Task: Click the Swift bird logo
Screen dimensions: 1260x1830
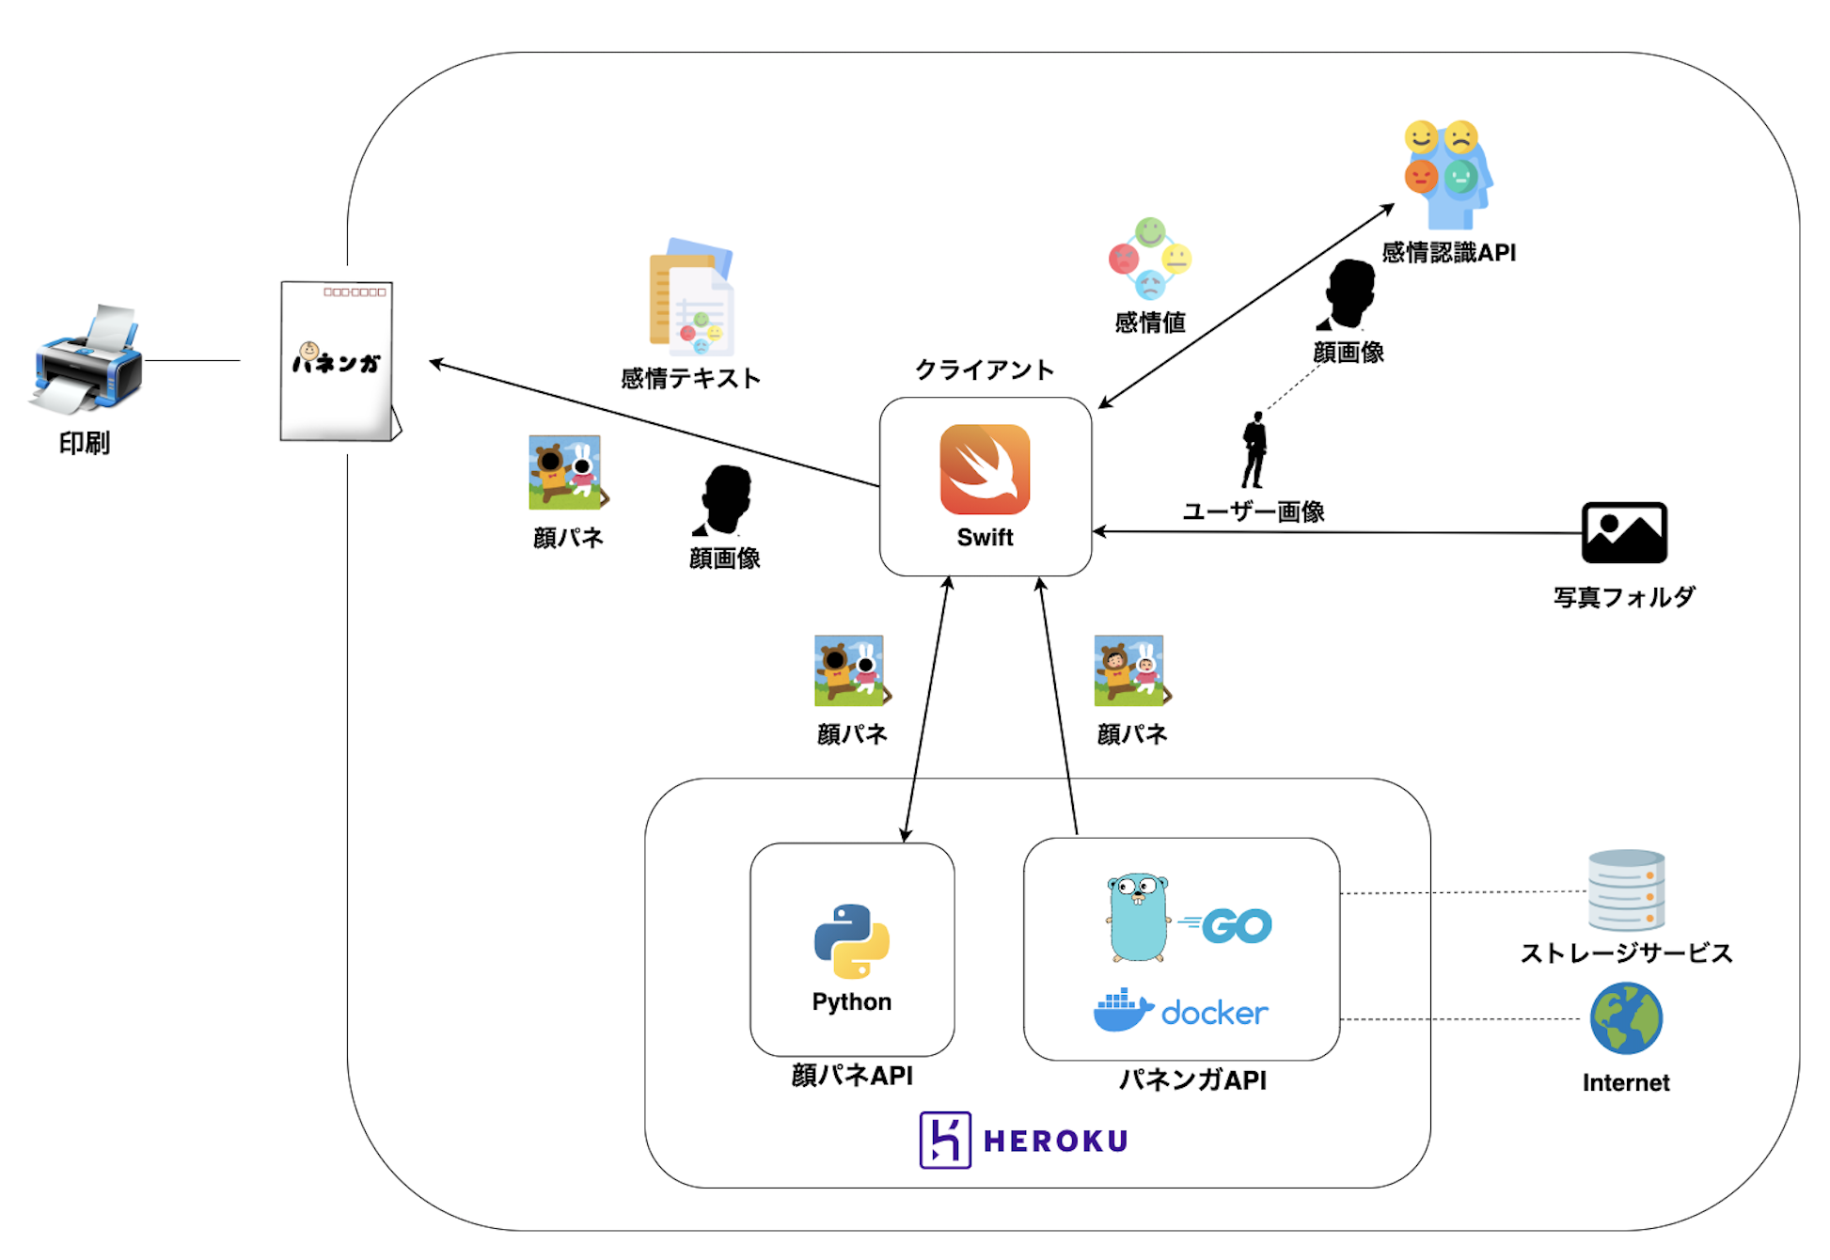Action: [985, 468]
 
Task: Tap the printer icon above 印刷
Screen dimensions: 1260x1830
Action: [87, 360]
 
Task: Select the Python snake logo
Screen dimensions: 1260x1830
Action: [851, 941]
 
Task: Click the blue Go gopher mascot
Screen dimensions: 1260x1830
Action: [1138, 918]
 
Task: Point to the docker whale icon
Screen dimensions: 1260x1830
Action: [1123, 1011]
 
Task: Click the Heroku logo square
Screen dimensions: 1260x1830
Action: [944, 1140]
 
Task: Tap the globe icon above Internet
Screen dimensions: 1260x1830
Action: [1626, 1018]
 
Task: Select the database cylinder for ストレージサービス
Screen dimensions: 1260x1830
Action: [1626, 890]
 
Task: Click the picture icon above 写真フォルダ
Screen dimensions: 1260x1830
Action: [1624, 532]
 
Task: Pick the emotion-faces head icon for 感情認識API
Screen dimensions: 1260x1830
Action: [1448, 174]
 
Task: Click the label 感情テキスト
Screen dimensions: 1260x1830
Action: [690, 378]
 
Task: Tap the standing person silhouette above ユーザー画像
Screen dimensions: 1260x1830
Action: [1254, 450]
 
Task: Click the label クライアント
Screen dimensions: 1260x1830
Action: [985, 370]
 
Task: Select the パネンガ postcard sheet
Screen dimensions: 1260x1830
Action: [339, 361]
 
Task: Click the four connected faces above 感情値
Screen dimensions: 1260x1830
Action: [1150, 259]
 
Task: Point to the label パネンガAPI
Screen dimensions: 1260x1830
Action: [1192, 1079]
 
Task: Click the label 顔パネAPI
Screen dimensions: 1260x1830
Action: [852, 1075]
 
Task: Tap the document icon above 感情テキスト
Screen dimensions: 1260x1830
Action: [692, 297]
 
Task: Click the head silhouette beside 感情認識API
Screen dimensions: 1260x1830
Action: [1349, 294]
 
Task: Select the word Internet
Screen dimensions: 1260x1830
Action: [1626, 1082]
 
